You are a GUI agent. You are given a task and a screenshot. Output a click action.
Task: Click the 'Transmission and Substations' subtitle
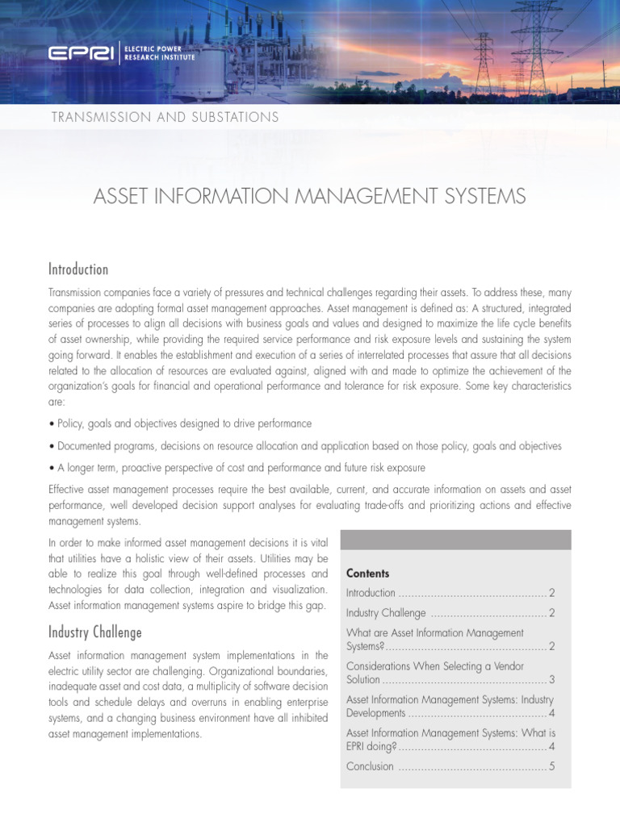click(x=165, y=117)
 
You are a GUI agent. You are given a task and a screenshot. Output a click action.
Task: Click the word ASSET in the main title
click(x=122, y=196)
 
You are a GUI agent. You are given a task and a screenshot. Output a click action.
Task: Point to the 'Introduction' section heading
click(x=78, y=269)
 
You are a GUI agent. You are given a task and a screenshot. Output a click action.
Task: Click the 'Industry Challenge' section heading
click(x=94, y=632)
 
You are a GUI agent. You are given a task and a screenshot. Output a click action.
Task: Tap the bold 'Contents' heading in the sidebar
click(x=367, y=574)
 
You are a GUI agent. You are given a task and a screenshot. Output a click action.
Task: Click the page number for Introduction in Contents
click(x=551, y=593)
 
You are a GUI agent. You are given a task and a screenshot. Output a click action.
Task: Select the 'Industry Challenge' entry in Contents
click(x=385, y=613)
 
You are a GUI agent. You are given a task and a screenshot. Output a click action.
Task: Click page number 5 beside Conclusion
click(x=551, y=766)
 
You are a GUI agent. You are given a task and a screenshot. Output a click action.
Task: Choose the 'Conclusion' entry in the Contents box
click(x=370, y=766)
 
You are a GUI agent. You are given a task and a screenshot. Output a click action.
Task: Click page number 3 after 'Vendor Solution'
click(x=551, y=680)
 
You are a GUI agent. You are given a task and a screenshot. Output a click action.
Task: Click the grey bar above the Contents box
click(x=455, y=540)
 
